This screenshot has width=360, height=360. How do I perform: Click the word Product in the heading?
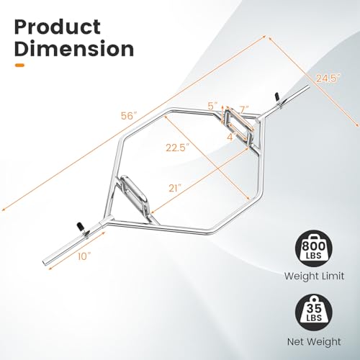58,27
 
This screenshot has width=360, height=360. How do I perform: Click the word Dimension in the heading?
74,49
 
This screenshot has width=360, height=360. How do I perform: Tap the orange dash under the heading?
19,65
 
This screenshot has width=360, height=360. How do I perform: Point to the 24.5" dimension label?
328,78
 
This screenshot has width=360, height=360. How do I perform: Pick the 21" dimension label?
174,189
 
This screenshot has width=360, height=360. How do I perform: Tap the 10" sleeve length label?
85,256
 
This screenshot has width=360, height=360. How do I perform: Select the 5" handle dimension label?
212,106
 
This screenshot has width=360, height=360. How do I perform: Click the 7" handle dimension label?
243,109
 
